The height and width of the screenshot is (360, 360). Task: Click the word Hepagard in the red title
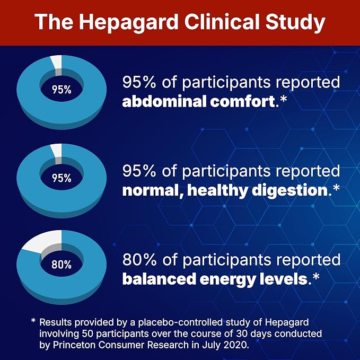coord(129,23)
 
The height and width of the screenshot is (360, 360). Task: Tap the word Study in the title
coord(295,23)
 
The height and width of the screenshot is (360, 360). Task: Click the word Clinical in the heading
coord(222,22)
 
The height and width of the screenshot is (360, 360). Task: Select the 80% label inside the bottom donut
coord(62,265)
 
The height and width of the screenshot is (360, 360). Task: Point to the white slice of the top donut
coord(57,62)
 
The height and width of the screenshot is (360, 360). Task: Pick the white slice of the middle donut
coord(57,151)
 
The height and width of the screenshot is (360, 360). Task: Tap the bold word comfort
coord(242,101)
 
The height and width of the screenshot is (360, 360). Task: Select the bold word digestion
coord(289,190)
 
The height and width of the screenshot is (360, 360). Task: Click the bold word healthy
coord(217,190)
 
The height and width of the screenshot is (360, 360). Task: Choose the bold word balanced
coord(159,279)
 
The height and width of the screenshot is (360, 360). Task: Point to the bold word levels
coord(283,279)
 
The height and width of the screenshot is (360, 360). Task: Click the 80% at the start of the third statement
coord(139,260)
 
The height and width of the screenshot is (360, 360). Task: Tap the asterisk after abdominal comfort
coord(284,99)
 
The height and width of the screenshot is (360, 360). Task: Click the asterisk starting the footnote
coord(33,321)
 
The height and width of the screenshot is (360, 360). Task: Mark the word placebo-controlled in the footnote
coord(180,322)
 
